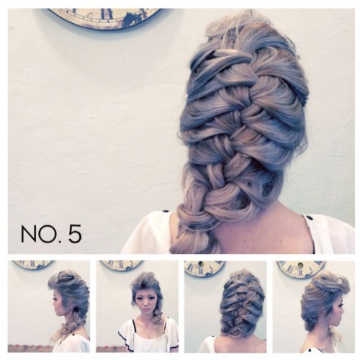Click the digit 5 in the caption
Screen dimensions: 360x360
pos(75,233)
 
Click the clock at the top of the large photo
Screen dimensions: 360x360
pos(104,19)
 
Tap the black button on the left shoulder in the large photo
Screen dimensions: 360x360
pos(166,212)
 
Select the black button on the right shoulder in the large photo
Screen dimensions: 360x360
pos(310,218)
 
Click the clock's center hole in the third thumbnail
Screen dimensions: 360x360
pos(199,264)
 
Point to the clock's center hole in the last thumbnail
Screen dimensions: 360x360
pos(300,265)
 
